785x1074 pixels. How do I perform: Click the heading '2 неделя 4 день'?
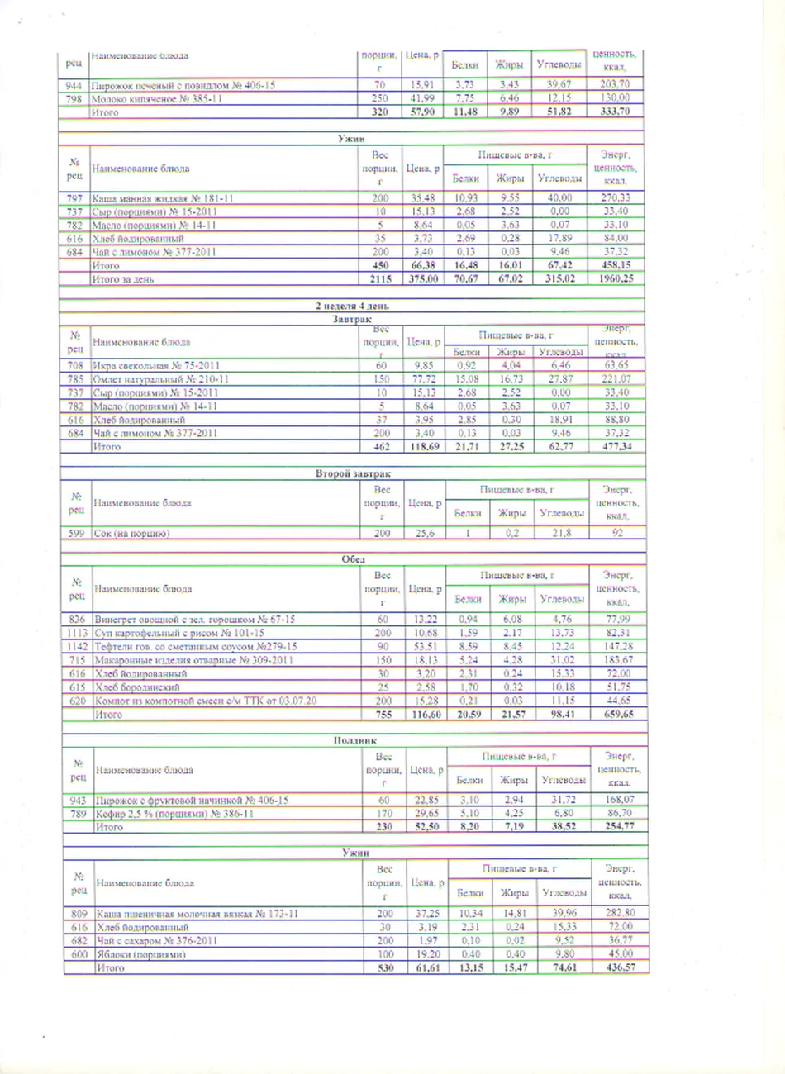tap(354, 307)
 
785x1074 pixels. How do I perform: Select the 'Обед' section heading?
tap(353, 559)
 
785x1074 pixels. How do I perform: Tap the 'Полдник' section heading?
tap(354, 742)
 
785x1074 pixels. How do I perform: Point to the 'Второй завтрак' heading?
tap(353, 473)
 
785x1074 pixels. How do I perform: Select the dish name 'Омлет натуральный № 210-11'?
tap(160, 379)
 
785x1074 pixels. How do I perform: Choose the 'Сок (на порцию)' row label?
tap(132, 534)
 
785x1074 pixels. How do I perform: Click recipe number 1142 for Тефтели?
tap(77, 646)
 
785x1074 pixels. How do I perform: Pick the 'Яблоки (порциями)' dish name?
tap(140, 954)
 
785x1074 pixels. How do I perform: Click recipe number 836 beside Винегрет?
tap(77, 620)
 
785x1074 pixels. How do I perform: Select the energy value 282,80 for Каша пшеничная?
tap(620, 913)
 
